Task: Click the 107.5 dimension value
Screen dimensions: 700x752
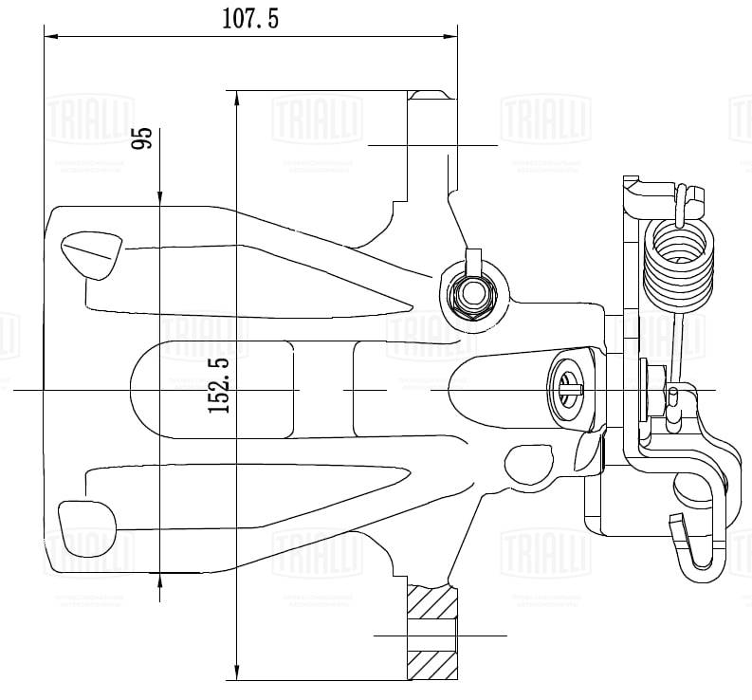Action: click(x=250, y=19)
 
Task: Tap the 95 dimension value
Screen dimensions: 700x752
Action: click(x=143, y=139)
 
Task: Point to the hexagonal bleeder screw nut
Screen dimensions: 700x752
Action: click(x=471, y=294)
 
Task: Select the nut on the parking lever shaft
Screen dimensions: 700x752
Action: click(x=651, y=389)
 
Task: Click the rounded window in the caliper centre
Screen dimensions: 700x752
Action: click(x=210, y=389)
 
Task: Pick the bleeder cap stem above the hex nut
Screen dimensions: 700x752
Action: click(x=472, y=259)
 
